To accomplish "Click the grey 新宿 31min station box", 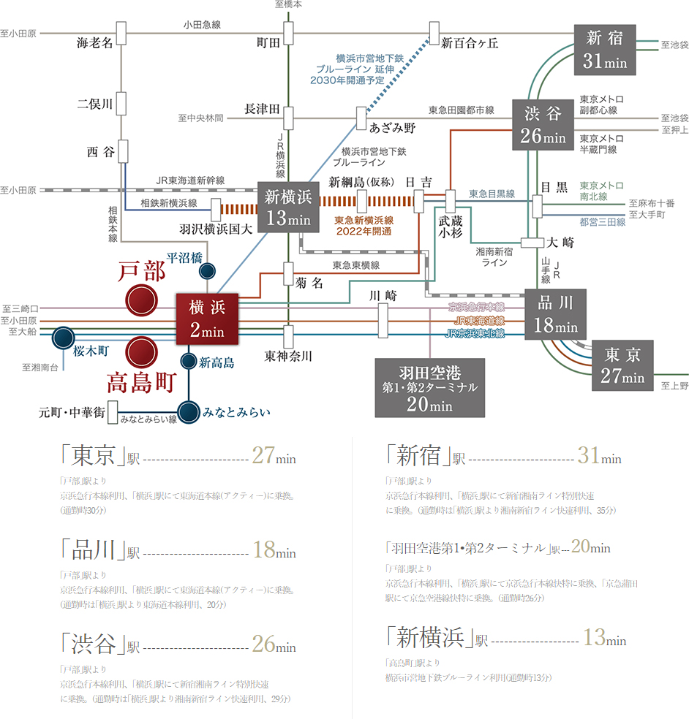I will point(605,49).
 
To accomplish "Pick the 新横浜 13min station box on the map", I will point(288,207).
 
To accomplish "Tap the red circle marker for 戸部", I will point(141,300).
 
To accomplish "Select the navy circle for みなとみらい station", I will point(189,412).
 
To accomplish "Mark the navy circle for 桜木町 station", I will point(64,338).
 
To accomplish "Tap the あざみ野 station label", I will point(392,128).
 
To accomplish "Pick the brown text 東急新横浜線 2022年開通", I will point(364,224).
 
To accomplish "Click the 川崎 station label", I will point(382,296).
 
